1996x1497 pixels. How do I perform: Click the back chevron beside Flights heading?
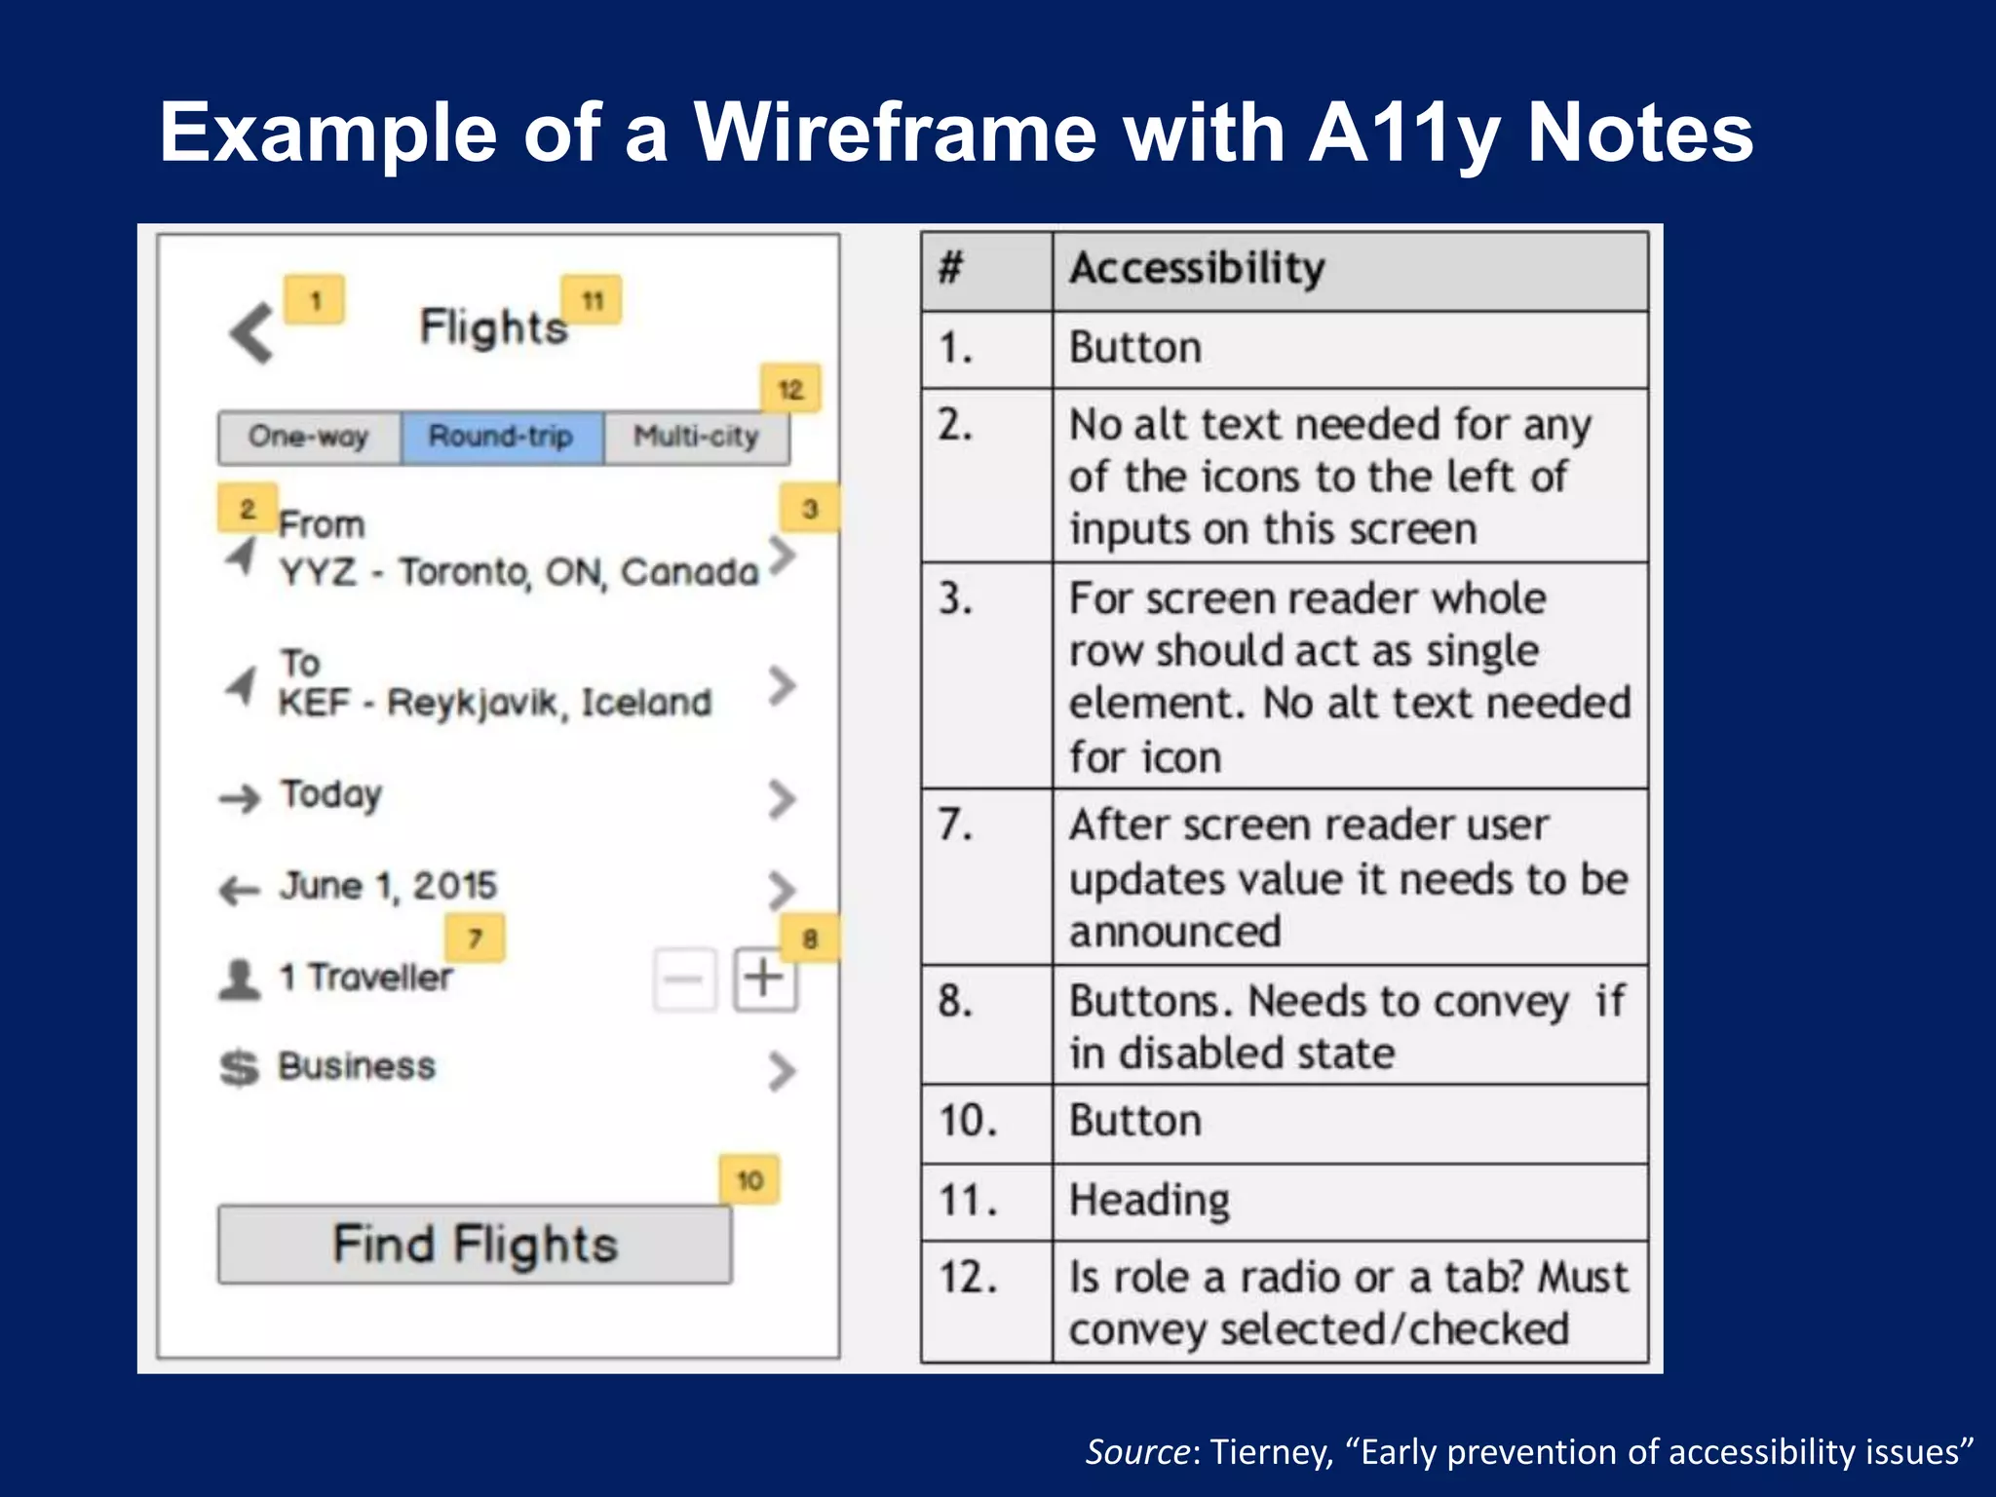coord(252,333)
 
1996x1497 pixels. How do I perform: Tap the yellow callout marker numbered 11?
coord(592,301)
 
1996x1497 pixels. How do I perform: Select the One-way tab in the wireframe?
coord(309,437)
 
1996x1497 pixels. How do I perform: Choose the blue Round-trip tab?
coord(501,437)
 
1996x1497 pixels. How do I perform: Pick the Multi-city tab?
coord(696,437)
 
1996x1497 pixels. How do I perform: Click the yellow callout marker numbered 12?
coord(790,390)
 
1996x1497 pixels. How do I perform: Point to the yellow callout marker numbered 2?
coord(247,509)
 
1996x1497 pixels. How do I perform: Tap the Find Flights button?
coord(475,1245)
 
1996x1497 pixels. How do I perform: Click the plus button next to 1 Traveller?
coord(765,978)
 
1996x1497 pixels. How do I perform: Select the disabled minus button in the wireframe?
coord(684,979)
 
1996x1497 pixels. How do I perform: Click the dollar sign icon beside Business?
coord(240,1068)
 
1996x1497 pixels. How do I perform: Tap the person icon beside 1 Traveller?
coord(240,979)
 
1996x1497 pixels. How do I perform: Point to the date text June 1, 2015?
coord(388,886)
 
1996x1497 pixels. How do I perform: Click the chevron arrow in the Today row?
coord(782,799)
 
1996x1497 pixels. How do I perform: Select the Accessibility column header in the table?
coord(1197,269)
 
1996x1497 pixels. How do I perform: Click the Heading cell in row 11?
coord(1150,1201)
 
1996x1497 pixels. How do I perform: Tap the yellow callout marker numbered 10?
coord(749,1181)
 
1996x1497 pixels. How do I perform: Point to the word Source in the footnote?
coord(1137,1452)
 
